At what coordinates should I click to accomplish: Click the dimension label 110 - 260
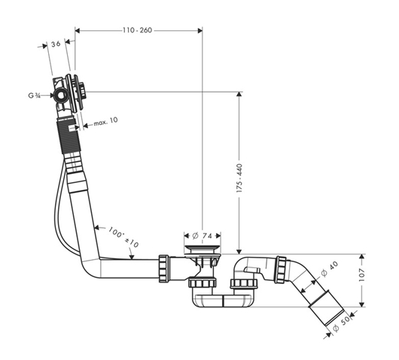pyautogui.click(x=138, y=30)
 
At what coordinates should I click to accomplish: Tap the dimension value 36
pyautogui.click(x=56, y=44)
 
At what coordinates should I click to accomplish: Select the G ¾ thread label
pyautogui.click(x=35, y=96)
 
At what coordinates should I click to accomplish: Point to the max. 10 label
pyautogui.click(x=105, y=122)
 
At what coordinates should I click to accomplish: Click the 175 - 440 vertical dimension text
pyautogui.click(x=239, y=178)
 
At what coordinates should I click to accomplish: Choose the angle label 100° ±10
pyautogui.click(x=123, y=237)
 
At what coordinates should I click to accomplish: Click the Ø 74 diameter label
pyautogui.click(x=202, y=236)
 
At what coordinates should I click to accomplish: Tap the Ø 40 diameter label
pyautogui.click(x=330, y=269)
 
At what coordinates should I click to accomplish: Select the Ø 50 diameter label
pyautogui.click(x=342, y=325)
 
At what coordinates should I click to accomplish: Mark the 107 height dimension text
pyautogui.click(x=361, y=274)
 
